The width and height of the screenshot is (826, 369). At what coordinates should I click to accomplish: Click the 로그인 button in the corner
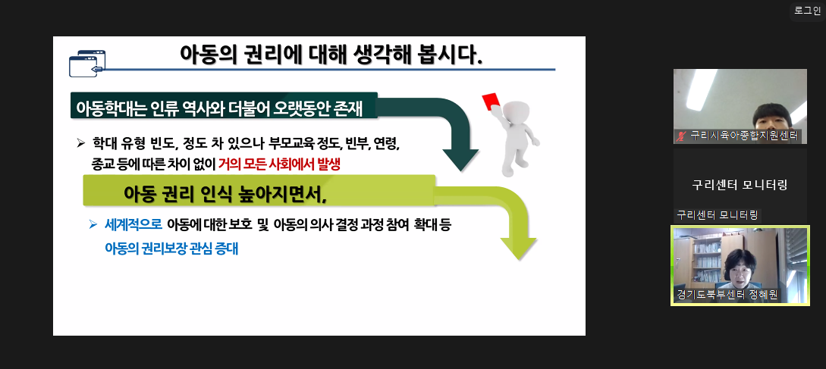(807, 11)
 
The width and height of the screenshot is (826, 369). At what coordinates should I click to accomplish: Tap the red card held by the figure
(490, 101)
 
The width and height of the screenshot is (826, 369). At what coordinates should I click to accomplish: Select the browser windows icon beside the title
(87, 63)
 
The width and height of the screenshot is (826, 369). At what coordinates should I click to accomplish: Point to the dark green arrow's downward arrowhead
(460, 160)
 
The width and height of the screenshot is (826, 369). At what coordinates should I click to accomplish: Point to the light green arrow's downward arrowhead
(518, 249)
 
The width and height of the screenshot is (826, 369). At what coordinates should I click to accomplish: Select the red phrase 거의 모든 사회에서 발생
(280, 164)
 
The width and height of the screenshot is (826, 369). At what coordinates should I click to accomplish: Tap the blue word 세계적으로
(133, 225)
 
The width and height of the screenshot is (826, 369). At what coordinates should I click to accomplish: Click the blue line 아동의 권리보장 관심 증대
(171, 249)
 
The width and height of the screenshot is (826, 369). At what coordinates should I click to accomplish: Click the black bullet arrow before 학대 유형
(80, 142)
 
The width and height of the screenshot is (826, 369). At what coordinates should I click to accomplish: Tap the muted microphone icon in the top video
(681, 136)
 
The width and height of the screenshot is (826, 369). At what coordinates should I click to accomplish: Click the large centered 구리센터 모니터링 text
(740, 185)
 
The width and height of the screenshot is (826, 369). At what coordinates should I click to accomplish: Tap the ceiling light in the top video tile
(701, 89)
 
